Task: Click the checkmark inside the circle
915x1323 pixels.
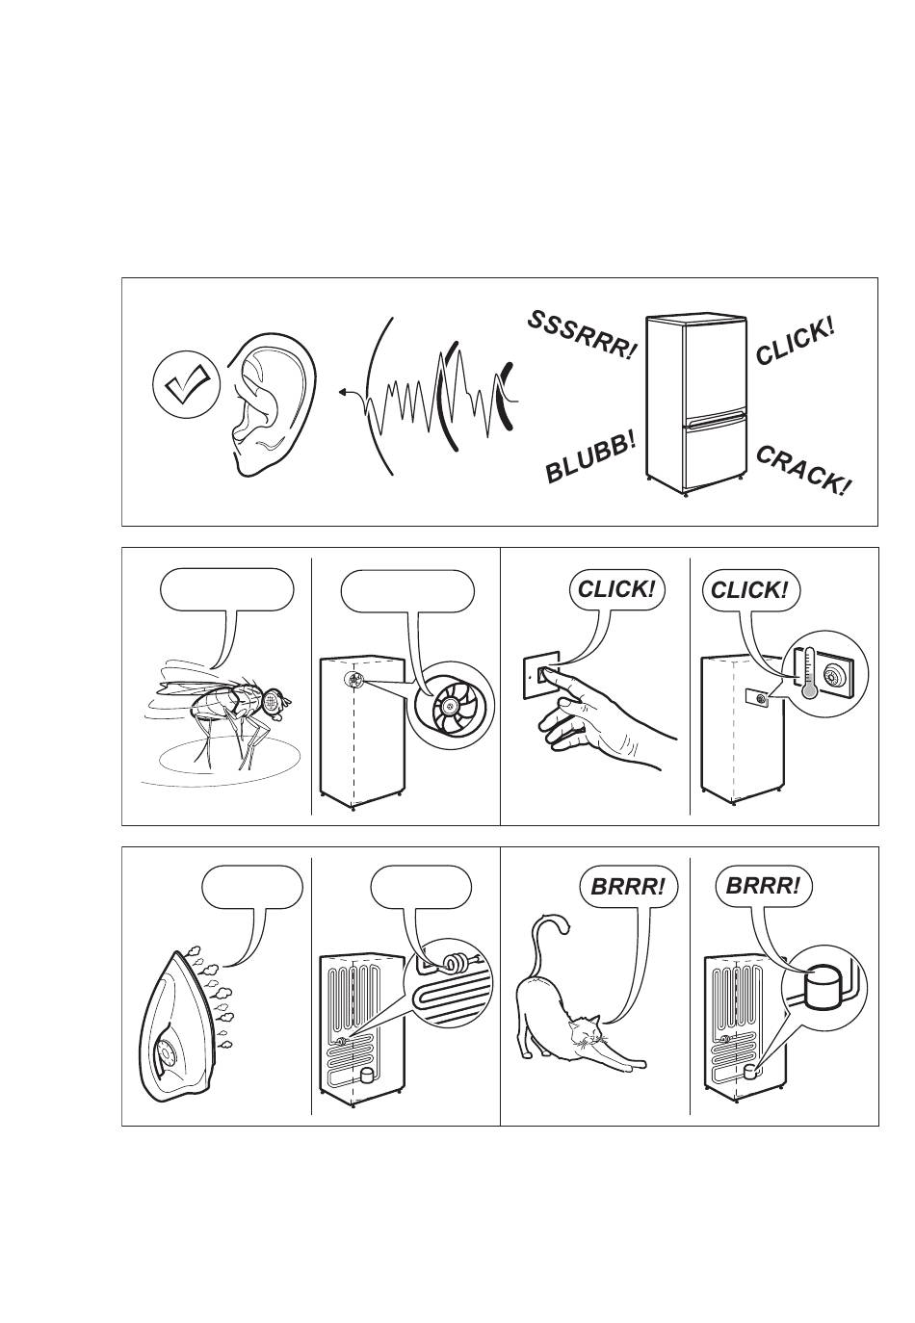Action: click(187, 382)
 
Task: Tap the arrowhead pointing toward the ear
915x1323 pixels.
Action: click(343, 392)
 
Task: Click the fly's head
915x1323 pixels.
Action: click(274, 701)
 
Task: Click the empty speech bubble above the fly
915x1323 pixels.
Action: click(227, 590)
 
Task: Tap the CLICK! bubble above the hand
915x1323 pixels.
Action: click(616, 590)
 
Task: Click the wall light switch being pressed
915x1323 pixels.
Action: click(540, 674)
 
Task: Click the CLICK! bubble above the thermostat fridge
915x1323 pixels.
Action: click(749, 590)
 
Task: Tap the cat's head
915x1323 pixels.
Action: click(584, 1030)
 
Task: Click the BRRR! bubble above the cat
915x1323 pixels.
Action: click(627, 887)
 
